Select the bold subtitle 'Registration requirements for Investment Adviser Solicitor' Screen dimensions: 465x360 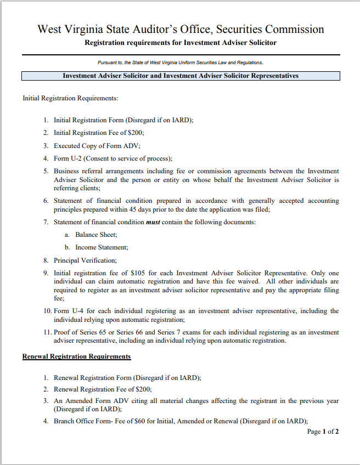181,43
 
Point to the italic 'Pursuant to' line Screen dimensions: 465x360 181,63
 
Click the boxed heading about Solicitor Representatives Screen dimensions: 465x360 181,76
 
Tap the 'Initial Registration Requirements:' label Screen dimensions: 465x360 70,99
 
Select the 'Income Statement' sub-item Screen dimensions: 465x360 102,247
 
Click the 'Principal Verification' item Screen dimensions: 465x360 85,260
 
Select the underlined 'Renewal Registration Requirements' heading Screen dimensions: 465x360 77,356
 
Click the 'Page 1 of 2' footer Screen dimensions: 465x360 323,432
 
